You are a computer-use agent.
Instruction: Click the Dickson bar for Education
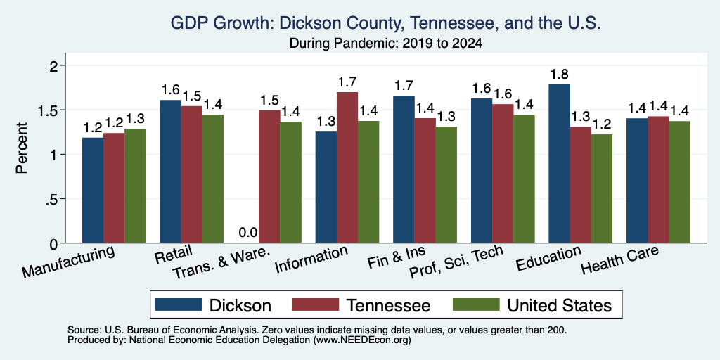coord(559,163)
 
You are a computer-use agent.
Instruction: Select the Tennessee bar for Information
coord(347,167)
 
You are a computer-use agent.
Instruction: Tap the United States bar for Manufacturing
coord(135,186)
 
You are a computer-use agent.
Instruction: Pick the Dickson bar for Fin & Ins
coord(404,169)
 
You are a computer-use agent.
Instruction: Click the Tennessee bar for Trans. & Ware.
coord(269,176)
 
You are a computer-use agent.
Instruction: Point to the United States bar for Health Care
coord(680,182)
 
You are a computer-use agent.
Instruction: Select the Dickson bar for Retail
coord(170,172)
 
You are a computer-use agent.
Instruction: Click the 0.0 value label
coord(248,233)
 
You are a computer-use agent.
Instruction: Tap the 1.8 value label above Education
coord(559,75)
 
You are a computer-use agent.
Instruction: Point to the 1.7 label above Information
coord(347,82)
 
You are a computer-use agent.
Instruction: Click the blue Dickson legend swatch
coord(179,304)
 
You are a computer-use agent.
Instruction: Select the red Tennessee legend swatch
coord(316,304)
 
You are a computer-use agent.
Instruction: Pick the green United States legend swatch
coord(476,304)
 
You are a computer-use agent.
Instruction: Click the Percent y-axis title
coord(22,148)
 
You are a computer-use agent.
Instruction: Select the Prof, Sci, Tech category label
coord(456,263)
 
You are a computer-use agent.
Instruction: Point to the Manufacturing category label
coord(68,262)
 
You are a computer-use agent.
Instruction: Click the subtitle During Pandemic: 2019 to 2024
coord(386,44)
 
